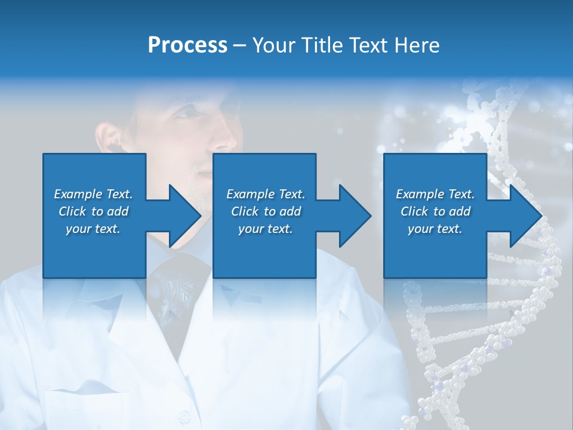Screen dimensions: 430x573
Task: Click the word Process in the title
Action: tap(187, 45)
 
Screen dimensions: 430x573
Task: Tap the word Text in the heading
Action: tap(369, 45)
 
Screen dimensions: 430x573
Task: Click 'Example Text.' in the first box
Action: tap(93, 194)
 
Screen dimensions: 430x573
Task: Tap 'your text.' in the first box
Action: tap(93, 229)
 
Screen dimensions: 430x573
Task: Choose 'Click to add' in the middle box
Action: tap(266, 211)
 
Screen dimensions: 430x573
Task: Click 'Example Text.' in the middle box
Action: tap(266, 194)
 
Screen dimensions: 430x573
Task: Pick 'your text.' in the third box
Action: tap(435, 229)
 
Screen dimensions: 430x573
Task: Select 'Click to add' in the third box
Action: tap(435, 211)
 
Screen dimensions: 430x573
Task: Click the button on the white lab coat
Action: tap(184, 415)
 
